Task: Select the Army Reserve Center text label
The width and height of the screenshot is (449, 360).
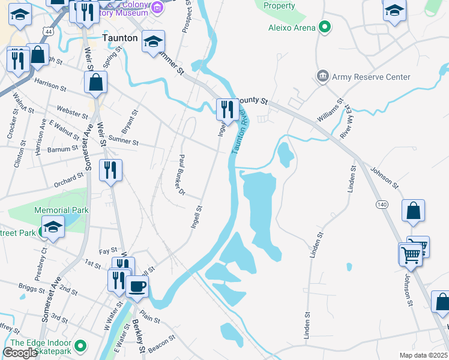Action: click(372, 77)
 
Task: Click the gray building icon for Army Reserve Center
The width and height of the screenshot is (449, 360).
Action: click(323, 76)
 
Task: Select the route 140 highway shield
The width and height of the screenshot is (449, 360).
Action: click(382, 205)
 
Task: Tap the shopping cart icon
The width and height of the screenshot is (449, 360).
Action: click(411, 254)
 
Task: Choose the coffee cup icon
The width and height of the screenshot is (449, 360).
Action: click(137, 287)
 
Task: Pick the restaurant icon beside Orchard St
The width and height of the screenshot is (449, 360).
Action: click(111, 170)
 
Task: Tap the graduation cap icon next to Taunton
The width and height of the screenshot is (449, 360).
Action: click(154, 41)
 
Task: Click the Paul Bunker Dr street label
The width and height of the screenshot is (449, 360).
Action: click(179, 174)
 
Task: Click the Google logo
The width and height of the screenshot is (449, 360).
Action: click(20, 353)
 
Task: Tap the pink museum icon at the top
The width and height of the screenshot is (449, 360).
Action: click(157, 7)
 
